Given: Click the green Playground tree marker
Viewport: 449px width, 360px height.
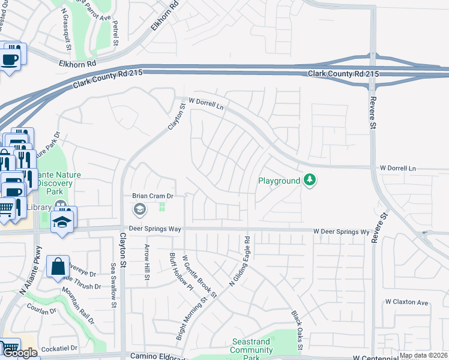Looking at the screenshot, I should click(x=310, y=180).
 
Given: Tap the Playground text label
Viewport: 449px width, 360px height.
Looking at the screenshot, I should click(x=279, y=181).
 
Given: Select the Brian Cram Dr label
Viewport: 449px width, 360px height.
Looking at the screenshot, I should click(x=152, y=196).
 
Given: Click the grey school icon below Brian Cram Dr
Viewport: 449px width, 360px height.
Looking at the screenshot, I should click(x=139, y=209).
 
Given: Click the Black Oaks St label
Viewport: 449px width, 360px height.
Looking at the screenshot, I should click(x=296, y=331).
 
